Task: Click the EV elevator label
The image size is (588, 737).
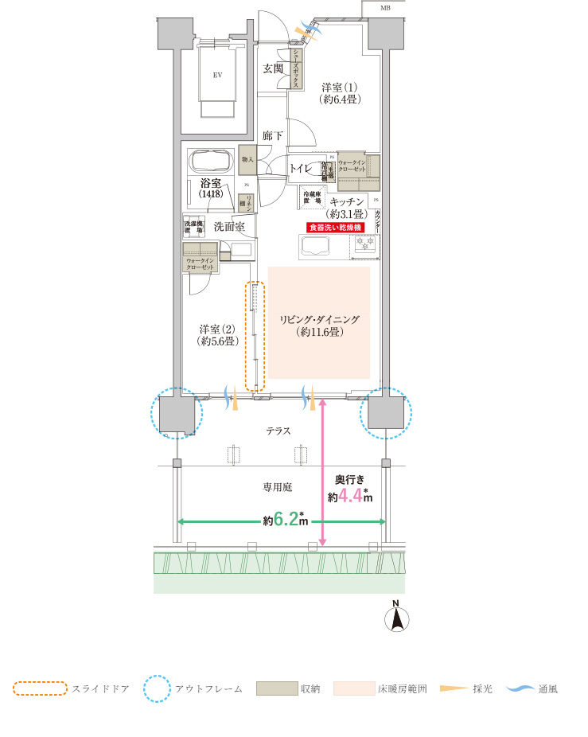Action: (216, 75)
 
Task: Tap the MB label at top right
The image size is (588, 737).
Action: (386, 8)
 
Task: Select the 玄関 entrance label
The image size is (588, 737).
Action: (274, 68)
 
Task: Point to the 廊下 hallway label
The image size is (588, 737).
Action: (272, 136)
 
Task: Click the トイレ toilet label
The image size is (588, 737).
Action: (301, 168)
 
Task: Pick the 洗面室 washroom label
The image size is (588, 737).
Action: (228, 227)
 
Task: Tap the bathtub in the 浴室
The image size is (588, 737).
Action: (210, 162)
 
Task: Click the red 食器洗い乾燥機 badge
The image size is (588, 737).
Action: (335, 228)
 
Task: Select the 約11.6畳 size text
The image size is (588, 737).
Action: (318, 332)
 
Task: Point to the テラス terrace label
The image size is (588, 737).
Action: (278, 431)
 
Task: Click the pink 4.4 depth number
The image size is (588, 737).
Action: (350, 496)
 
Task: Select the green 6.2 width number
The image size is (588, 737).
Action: (286, 520)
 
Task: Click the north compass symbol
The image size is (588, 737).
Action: (397, 619)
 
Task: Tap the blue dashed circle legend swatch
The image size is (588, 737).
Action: (157, 688)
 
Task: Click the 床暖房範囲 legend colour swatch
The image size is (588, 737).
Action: (353, 688)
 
